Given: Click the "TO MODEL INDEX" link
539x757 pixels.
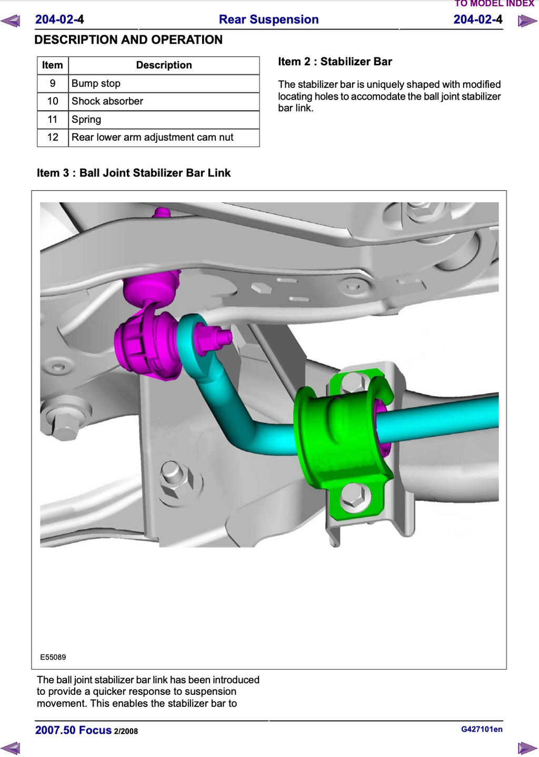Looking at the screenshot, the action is click(494, 3).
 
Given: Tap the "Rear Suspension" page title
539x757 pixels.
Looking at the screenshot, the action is click(268, 19).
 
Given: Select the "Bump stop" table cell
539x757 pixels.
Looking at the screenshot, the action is click(164, 83).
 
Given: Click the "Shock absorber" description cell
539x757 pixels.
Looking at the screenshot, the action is click(164, 101).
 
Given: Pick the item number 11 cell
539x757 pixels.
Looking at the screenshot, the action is click(53, 119).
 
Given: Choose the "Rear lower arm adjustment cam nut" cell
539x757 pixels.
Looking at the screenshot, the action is click(164, 137).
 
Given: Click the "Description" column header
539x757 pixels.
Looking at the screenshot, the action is click(164, 65).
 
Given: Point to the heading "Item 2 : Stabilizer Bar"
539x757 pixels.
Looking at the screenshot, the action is click(335, 62).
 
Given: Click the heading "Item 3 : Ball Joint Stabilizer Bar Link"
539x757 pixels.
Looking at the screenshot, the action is click(134, 173).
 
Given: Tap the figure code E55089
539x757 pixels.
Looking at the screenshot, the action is click(53, 657).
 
